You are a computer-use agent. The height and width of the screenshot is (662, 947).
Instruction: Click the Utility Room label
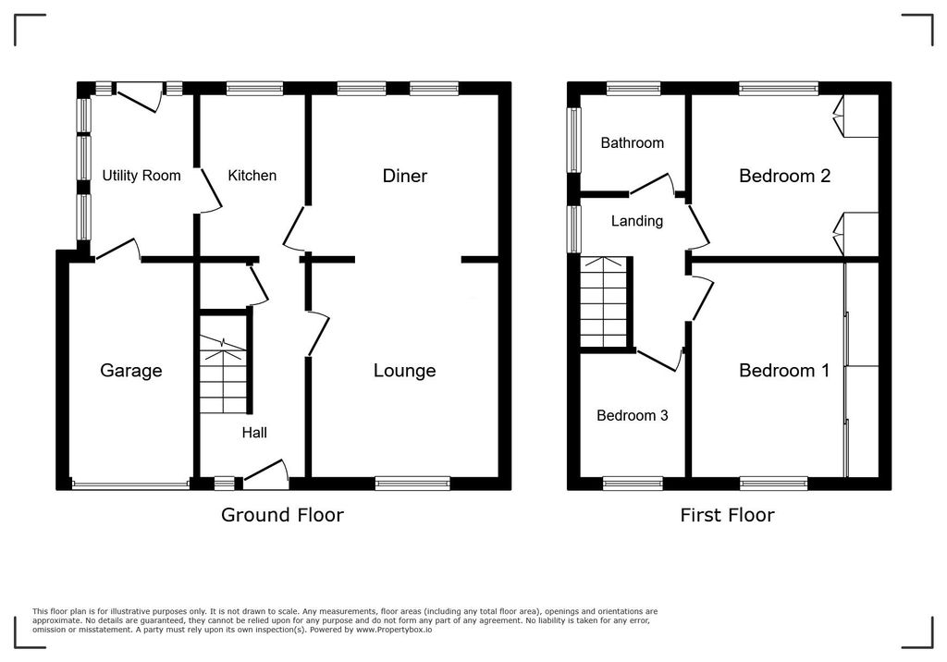coord(141,176)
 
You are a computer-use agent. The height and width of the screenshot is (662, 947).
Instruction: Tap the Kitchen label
coord(252,176)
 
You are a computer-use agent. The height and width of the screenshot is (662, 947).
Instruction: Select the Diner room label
coord(405,176)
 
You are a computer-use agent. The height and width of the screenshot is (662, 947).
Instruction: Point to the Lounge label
coord(404,371)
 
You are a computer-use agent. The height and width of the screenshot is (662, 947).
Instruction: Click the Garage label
coord(131,371)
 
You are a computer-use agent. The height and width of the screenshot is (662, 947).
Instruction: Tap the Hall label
coord(255,432)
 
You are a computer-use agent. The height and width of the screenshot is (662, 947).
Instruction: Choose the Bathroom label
coord(633,143)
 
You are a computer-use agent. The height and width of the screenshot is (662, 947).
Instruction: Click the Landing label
coord(637,221)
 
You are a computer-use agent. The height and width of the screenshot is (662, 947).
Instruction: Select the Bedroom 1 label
coord(784,371)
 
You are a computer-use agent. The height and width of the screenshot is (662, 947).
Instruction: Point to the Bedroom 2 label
coord(784,176)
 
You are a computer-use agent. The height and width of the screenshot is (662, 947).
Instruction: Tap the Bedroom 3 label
coord(633,416)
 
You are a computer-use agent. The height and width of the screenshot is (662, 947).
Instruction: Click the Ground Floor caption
coord(282,515)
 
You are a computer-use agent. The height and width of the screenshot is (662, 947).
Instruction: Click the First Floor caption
coord(727,515)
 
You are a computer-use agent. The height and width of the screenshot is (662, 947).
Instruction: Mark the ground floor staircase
coord(224,374)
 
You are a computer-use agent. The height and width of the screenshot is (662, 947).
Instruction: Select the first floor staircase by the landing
coord(604,300)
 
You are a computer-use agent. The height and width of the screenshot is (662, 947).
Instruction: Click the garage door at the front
coord(129,483)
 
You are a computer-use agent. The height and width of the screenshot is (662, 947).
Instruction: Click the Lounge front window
coord(412,482)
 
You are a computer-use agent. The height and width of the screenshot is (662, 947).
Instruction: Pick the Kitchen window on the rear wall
coord(254,90)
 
